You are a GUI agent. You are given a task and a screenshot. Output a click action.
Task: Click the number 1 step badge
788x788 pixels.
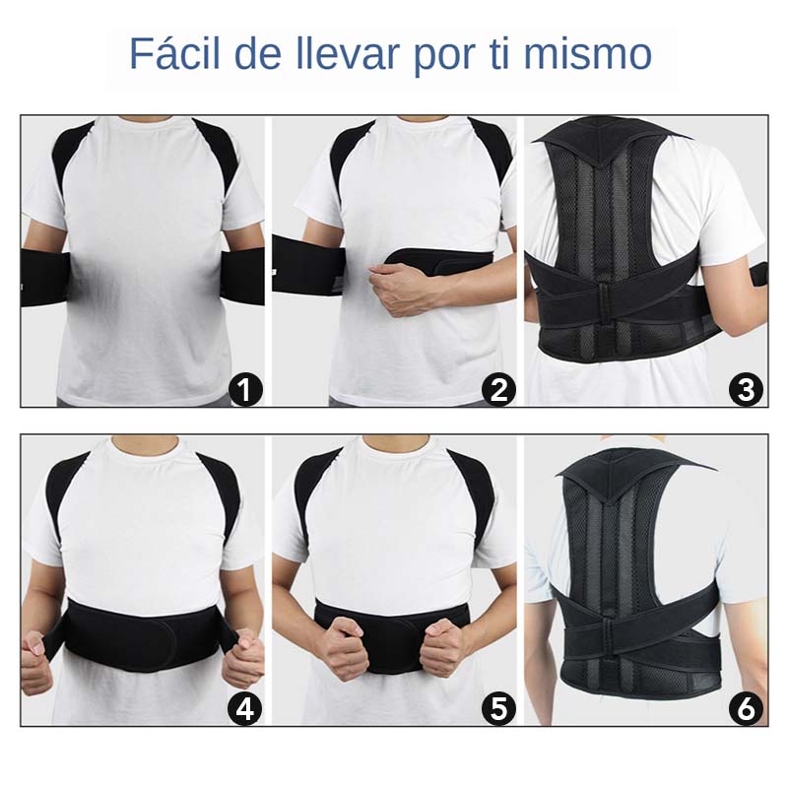(x=245, y=390)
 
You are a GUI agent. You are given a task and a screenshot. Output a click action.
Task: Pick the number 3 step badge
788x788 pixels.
(x=747, y=390)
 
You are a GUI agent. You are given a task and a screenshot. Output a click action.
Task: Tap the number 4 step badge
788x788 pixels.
(x=245, y=708)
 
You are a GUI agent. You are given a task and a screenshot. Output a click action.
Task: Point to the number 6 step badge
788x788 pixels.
(x=747, y=708)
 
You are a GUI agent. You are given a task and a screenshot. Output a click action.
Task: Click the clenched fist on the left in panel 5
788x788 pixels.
(x=344, y=644)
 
